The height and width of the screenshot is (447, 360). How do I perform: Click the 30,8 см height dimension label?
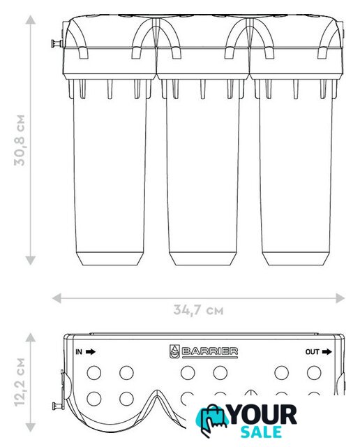pos(20,140)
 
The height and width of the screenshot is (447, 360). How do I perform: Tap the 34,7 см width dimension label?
pos(199,309)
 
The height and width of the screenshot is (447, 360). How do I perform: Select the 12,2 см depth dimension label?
pos(20,382)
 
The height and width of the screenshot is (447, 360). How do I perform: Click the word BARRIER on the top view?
pos(209,351)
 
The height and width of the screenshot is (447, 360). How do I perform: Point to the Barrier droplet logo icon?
pos(174,351)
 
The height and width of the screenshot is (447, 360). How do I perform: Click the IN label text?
pos(79,352)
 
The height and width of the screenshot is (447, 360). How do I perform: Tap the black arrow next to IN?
pos(91,351)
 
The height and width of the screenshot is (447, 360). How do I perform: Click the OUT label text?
pos(312,352)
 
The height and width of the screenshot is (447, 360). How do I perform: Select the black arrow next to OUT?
pos(327,351)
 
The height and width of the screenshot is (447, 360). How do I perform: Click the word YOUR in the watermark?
pos(263,415)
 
